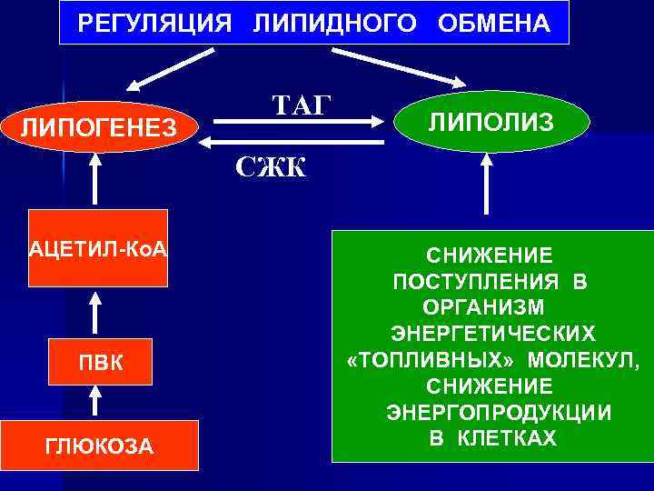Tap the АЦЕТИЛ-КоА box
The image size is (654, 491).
click(x=98, y=249)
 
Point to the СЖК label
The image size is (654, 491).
click(x=271, y=166)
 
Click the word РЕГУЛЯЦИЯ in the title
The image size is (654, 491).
click(x=154, y=24)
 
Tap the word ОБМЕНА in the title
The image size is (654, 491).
click(x=494, y=24)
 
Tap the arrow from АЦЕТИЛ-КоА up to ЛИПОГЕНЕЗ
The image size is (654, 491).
click(x=95, y=183)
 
